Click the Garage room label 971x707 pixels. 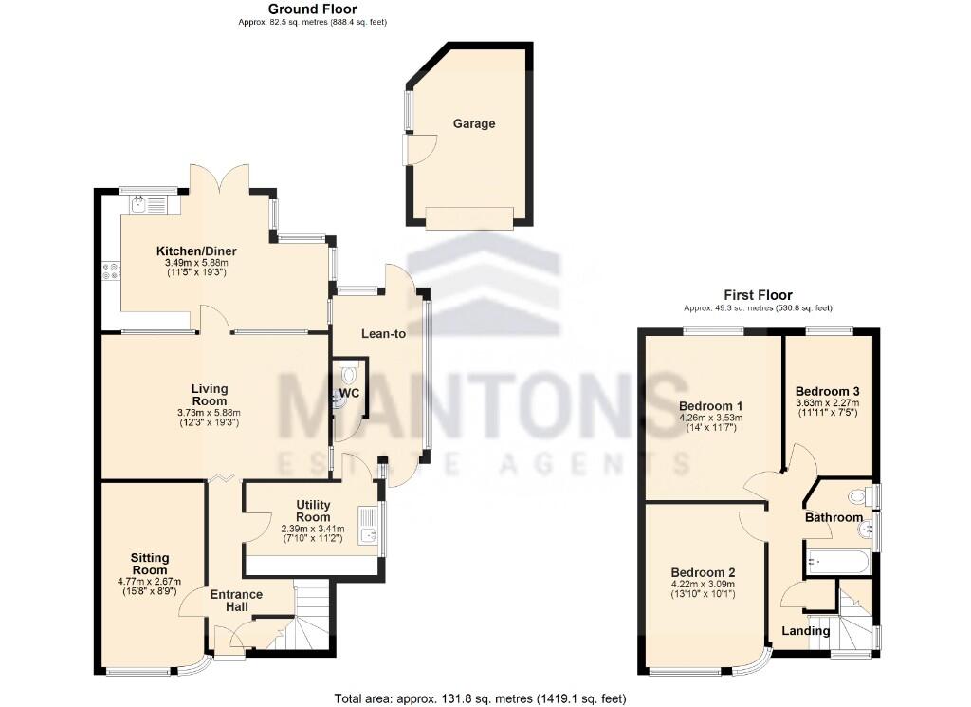pyautogui.click(x=473, y=123)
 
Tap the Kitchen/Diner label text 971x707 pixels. pyautogui.click(x=196, y=251)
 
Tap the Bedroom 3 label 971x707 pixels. pyautogui.click(x=827, y=391)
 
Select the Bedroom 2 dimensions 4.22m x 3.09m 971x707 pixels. pyautogui.click(x=703, y=584)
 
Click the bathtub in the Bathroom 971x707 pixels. pyautogui.click(x=836, y=562)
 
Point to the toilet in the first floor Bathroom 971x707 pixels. pyautogui.click(x=858, y=496)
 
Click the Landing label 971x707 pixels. pyautogui.click(x=805, y=631)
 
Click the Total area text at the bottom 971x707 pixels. pyautogui.click(x=480, y=698)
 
